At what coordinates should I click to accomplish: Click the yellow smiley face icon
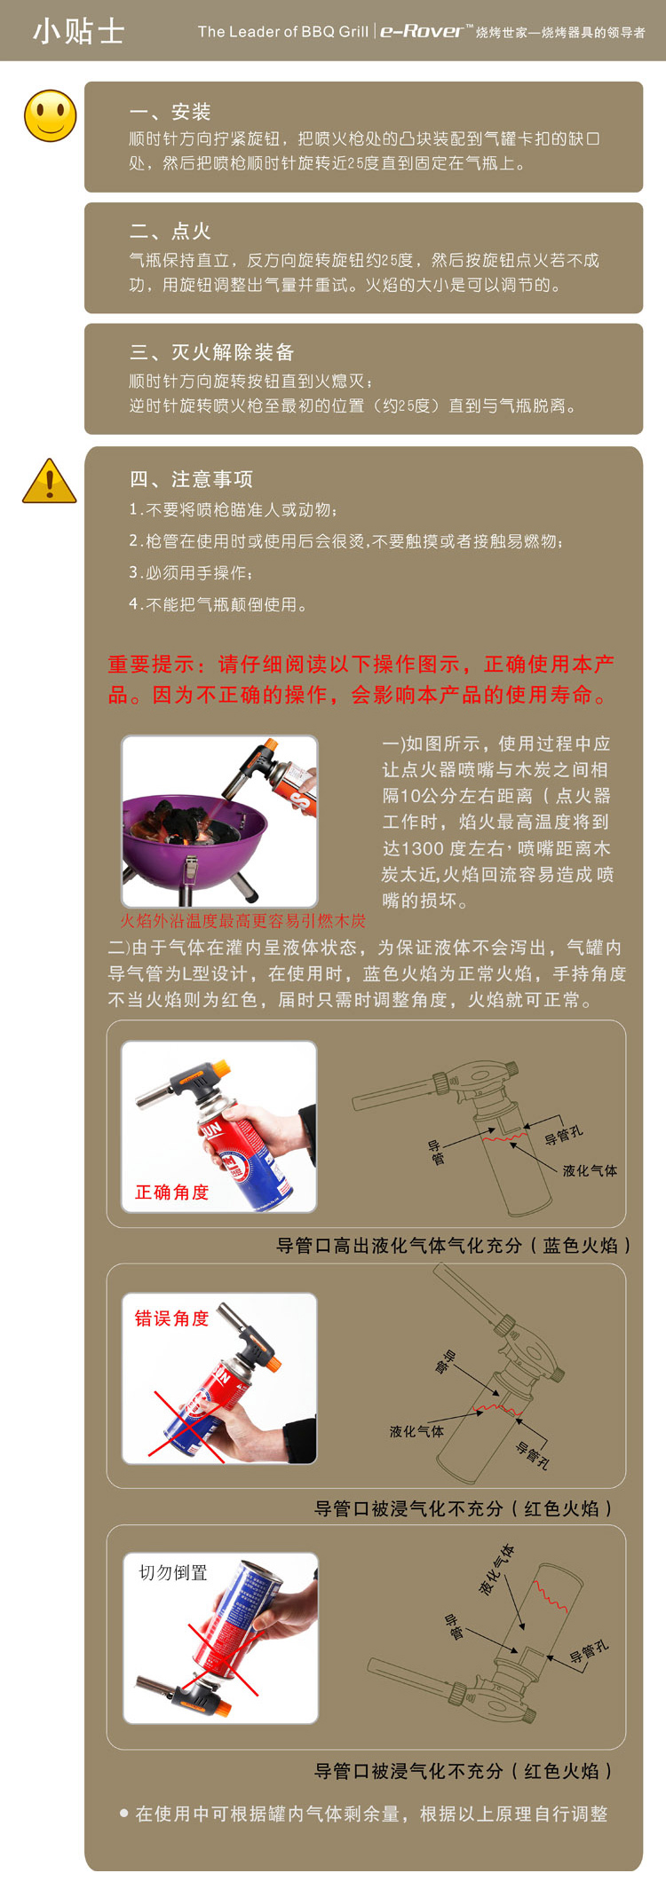pos(51,115)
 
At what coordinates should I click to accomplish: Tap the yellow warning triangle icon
pos(50,482)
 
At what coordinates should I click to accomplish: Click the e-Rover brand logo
pos(421,31)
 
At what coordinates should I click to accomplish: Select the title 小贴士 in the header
pos(78,31)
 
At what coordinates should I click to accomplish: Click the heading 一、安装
pos(170,112)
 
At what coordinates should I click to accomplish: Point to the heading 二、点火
pos(170,232)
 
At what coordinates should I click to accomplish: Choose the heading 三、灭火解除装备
pos(211,352)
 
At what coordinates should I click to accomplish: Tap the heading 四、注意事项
pos(191,479)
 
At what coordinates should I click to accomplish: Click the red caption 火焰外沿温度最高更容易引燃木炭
pos(242,921)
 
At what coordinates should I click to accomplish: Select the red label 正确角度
pos(171,1192)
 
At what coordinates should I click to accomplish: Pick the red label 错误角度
pos(171,1318)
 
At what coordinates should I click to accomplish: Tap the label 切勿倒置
pos(173,1572)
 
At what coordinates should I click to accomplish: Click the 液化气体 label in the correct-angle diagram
pos(590,1170)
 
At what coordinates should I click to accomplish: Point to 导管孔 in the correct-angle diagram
pos(564,1135)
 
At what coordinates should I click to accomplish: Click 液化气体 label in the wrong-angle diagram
pos(416,1431)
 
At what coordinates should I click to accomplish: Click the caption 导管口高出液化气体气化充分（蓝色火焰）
pos(453,1246)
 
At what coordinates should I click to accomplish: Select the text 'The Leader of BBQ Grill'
pos(282,32)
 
